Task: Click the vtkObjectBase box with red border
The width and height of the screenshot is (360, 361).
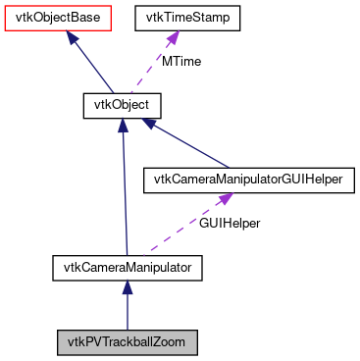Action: coord(50,17)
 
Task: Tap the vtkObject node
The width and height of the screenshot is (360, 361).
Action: coord(121,103)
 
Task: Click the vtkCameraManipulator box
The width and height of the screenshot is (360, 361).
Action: coord(127,266)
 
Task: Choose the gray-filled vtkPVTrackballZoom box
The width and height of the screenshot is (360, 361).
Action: coord(127,342)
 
